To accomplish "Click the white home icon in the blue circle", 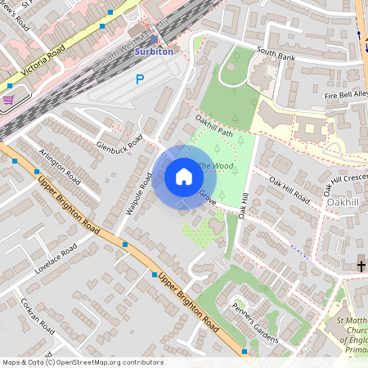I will point(183,177).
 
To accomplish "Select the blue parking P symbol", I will point(140,79).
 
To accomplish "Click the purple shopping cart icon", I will point(8,100).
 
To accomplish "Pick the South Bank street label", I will point(275,52).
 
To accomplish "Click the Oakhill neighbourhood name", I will point(343,201).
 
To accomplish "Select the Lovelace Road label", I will point(56,255).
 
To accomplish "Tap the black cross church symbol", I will point(361,265).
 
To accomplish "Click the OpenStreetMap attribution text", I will point(83,362).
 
